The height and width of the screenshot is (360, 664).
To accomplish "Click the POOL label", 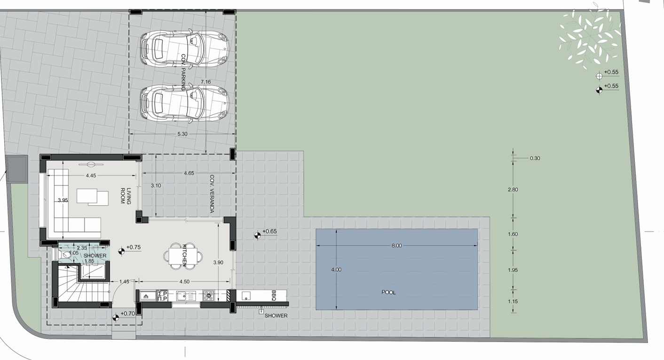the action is [x=388, y=292].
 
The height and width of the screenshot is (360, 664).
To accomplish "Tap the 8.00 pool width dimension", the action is [x=396, y=246].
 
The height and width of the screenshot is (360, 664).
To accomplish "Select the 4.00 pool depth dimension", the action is [x=336, y=270].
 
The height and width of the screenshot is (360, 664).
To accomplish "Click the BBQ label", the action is [x=274, y=296].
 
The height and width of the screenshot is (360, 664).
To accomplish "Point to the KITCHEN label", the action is [x=184, y=256].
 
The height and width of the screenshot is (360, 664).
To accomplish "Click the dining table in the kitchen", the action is [x=183, y=256].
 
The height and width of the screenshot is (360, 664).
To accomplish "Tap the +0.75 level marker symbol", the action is [x=121, y=251].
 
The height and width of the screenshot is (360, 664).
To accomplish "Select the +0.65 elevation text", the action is [x=269, y=232].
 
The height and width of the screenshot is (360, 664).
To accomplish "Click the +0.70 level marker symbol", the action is [x=116, y=318].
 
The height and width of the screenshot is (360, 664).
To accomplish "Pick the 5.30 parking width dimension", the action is [x=182, y=134].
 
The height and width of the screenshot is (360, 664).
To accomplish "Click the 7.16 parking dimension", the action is [x=206, y=82].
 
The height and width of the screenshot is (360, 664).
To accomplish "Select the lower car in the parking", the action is [x=185, y=103].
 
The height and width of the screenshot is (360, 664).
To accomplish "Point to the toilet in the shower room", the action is [x=65, y=255].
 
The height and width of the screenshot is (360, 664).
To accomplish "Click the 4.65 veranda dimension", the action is [x=189, y=173].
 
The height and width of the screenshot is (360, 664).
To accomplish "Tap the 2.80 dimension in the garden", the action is [x=513, y=190].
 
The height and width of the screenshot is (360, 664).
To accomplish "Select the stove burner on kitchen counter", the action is [x=209, y=296].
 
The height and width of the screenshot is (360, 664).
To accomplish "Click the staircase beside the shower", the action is [x=80, y=284].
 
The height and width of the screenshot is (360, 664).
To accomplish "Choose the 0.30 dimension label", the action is [x=535, y=158].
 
